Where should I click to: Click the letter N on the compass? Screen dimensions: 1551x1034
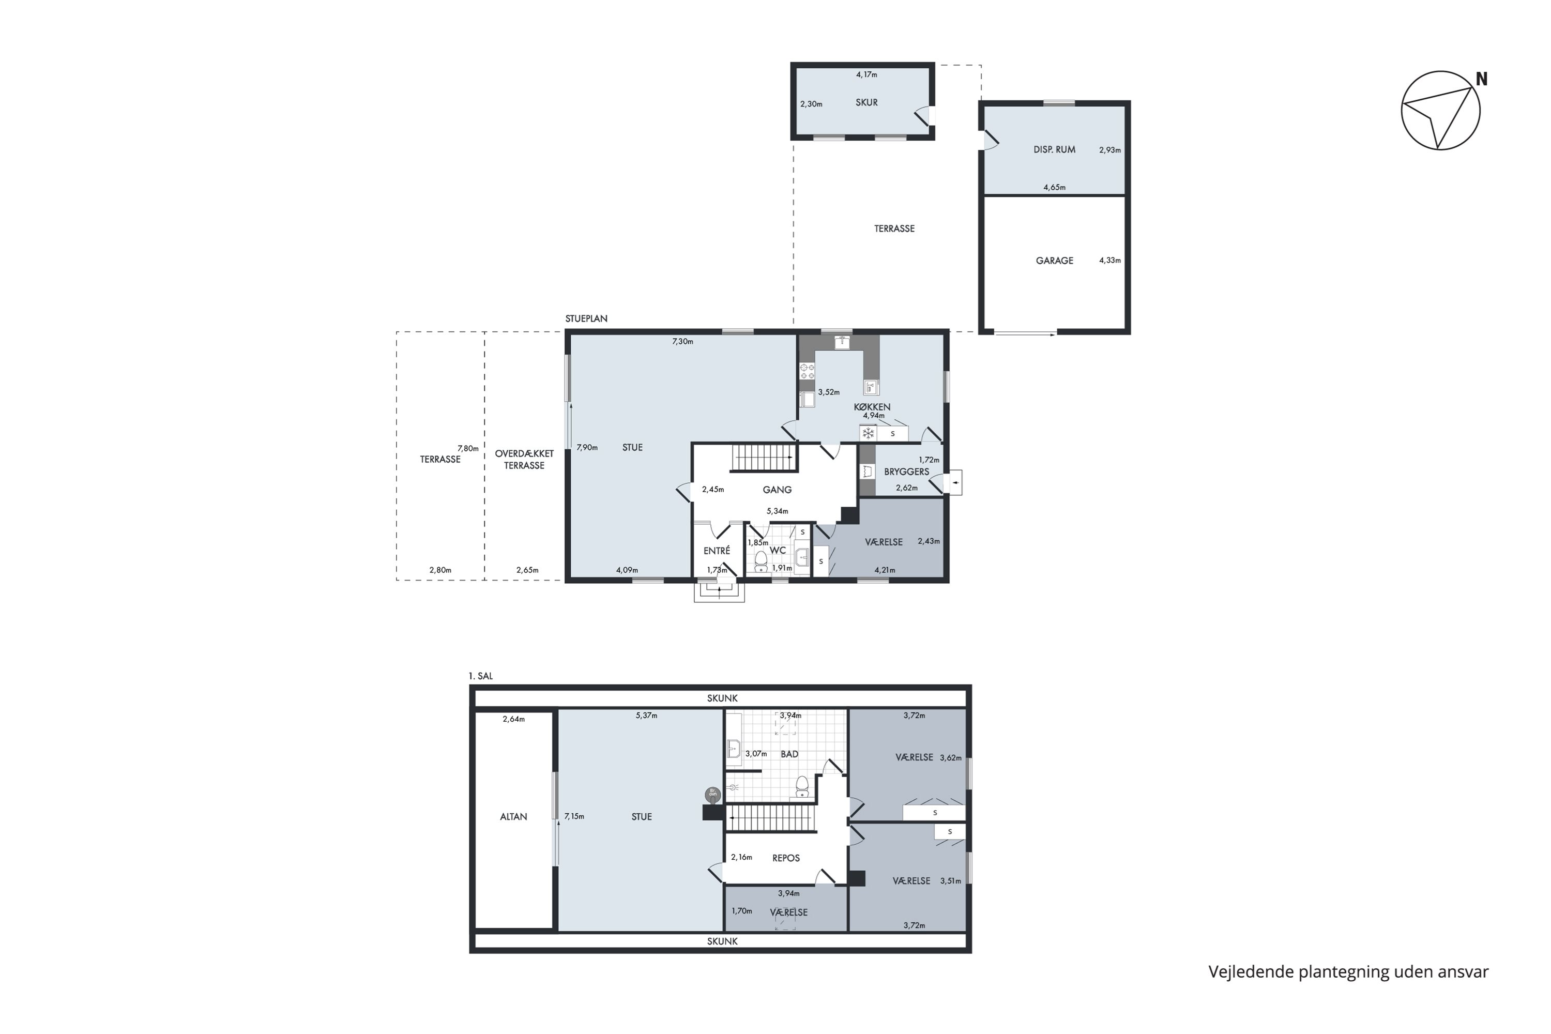click(x=1481, y=79)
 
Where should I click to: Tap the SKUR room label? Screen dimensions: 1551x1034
click(x=866, y=103)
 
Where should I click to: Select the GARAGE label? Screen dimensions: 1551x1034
click(x=1055, y=261)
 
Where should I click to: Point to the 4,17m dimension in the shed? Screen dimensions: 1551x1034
click(x=866, y=74)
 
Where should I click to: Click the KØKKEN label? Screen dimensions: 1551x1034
click(x=872, y=407)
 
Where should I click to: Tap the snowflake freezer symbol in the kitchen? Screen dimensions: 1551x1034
click(x=869, y=433)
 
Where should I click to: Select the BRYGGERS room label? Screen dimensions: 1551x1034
click(x=907, y=472)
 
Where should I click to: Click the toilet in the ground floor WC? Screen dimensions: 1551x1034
click(x=761, y=560)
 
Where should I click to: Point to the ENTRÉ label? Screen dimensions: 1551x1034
click(x=717, y=551)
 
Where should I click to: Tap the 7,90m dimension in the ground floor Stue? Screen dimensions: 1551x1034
click(x=587, y=447)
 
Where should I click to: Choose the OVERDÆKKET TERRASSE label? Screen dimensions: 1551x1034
click(x=524, y=460)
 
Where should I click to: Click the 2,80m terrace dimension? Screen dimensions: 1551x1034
click(x=440, y=570)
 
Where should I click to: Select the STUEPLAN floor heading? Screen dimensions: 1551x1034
click(x=586, y=318)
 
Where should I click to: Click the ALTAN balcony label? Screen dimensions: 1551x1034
click(x=514, y=816)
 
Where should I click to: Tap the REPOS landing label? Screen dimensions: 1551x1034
click(x=786, y=858)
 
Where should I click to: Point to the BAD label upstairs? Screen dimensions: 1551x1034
click(x=789, y=754)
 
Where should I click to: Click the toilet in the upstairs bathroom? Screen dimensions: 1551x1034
click(x=802, y=787)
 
